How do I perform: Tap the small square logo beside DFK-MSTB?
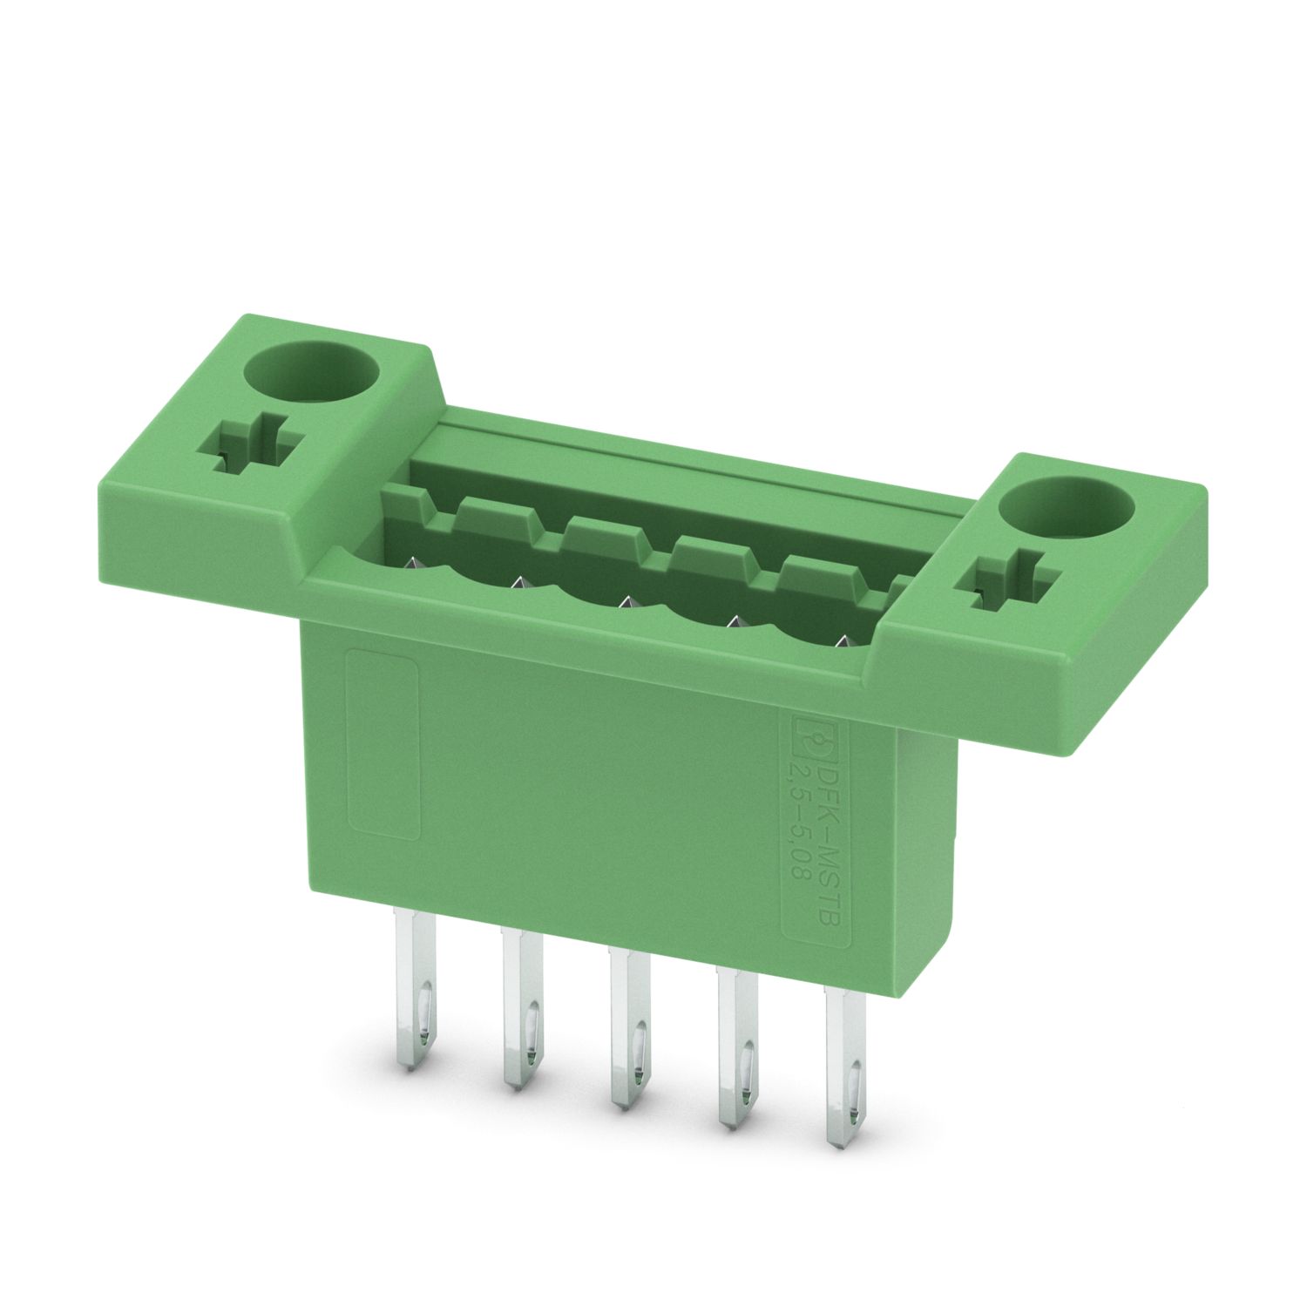tap(813, 738)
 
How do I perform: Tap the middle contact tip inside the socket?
tap(625, 602)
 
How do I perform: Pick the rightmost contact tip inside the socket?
tap(842, 641)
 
